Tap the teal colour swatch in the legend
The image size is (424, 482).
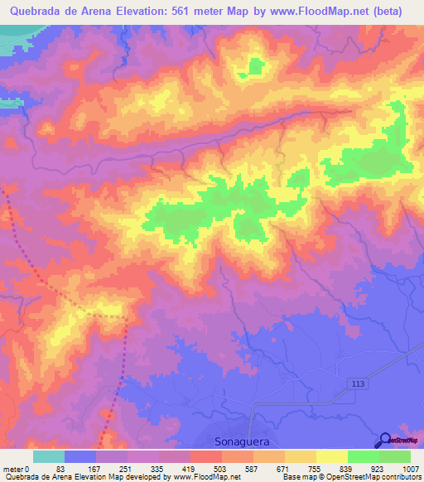[x=49, y=456]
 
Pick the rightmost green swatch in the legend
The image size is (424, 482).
[x=394, y=456]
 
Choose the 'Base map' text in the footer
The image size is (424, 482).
[x=298, y=477]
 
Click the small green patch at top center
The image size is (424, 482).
[x=255, y=66]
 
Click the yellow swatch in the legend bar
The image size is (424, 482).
[x=331, y=456]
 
